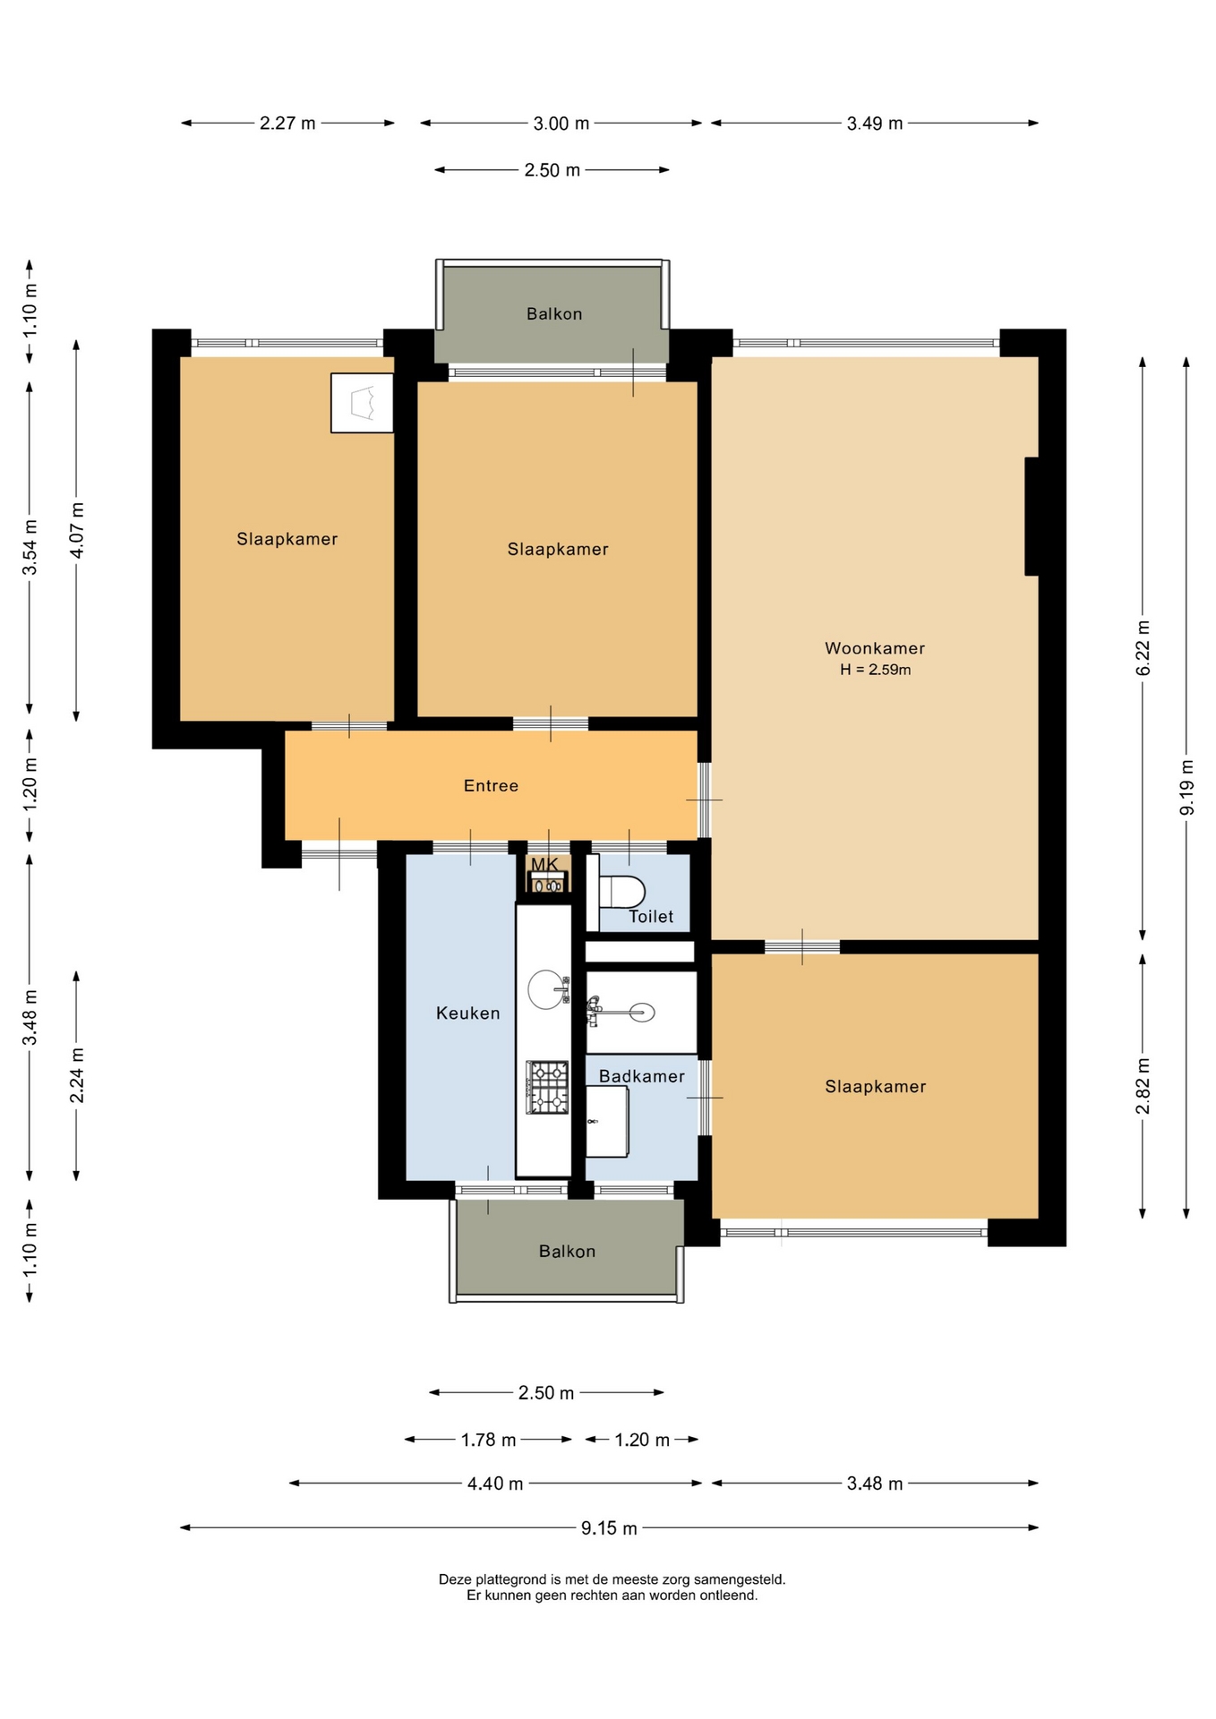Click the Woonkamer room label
[875, 648]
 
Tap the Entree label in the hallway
[491, 785]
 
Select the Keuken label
[467, 1013]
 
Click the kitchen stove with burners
[547, 1087]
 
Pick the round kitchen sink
[547, 989]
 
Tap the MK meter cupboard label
[544, 864]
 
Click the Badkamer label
[641, 1076]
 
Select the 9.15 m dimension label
[609, 1528]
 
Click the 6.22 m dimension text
[1143, 648]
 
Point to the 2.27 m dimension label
[287, 124]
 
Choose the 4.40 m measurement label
[495, 1484]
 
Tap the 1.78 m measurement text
[488, 1440]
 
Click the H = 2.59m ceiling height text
[875, 670]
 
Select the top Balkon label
[554, 313]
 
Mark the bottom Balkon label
[567, 1251]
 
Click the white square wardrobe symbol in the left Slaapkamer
[362, 403]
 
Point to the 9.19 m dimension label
[1187, 788]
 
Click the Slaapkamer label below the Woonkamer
[875, 1086]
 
